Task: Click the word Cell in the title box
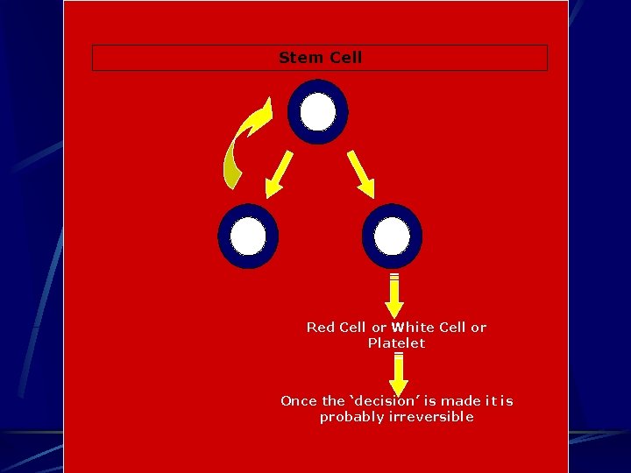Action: tap(344, 58)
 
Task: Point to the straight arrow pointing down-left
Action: tap(280, 173)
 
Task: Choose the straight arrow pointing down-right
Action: tap(361, 174)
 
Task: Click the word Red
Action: tap(320, 328)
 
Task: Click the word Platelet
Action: tap(396, 343)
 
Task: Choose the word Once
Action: tap(299, 401)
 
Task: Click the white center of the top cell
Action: tap(317, 112)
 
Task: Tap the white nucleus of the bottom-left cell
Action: tap(248, 236)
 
